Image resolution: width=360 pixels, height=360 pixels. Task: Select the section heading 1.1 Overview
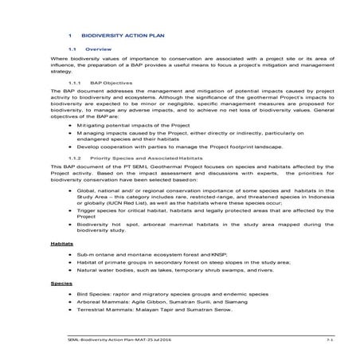click(x=98, y=49)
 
